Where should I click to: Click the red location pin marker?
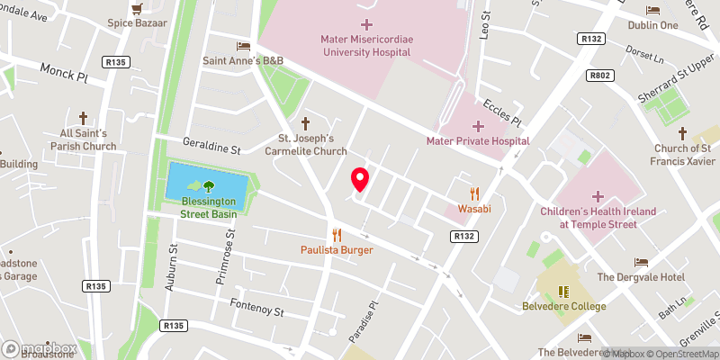click(x=360, y=180)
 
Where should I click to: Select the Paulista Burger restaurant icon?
click(x=337, y=234)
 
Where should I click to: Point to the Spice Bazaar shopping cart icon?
click(x=137, y=8)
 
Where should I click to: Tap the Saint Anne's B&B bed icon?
click(x=242, y=46)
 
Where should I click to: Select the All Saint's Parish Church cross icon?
click(x=83, y=118)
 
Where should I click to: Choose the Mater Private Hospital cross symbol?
click(x=478, y=125)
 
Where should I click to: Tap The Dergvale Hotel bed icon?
click(x=640, y=262)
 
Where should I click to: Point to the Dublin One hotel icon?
click(x=654, y=11)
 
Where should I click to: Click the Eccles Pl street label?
click(x=502, y=112)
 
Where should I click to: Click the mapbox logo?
click(x=39, y=348)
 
